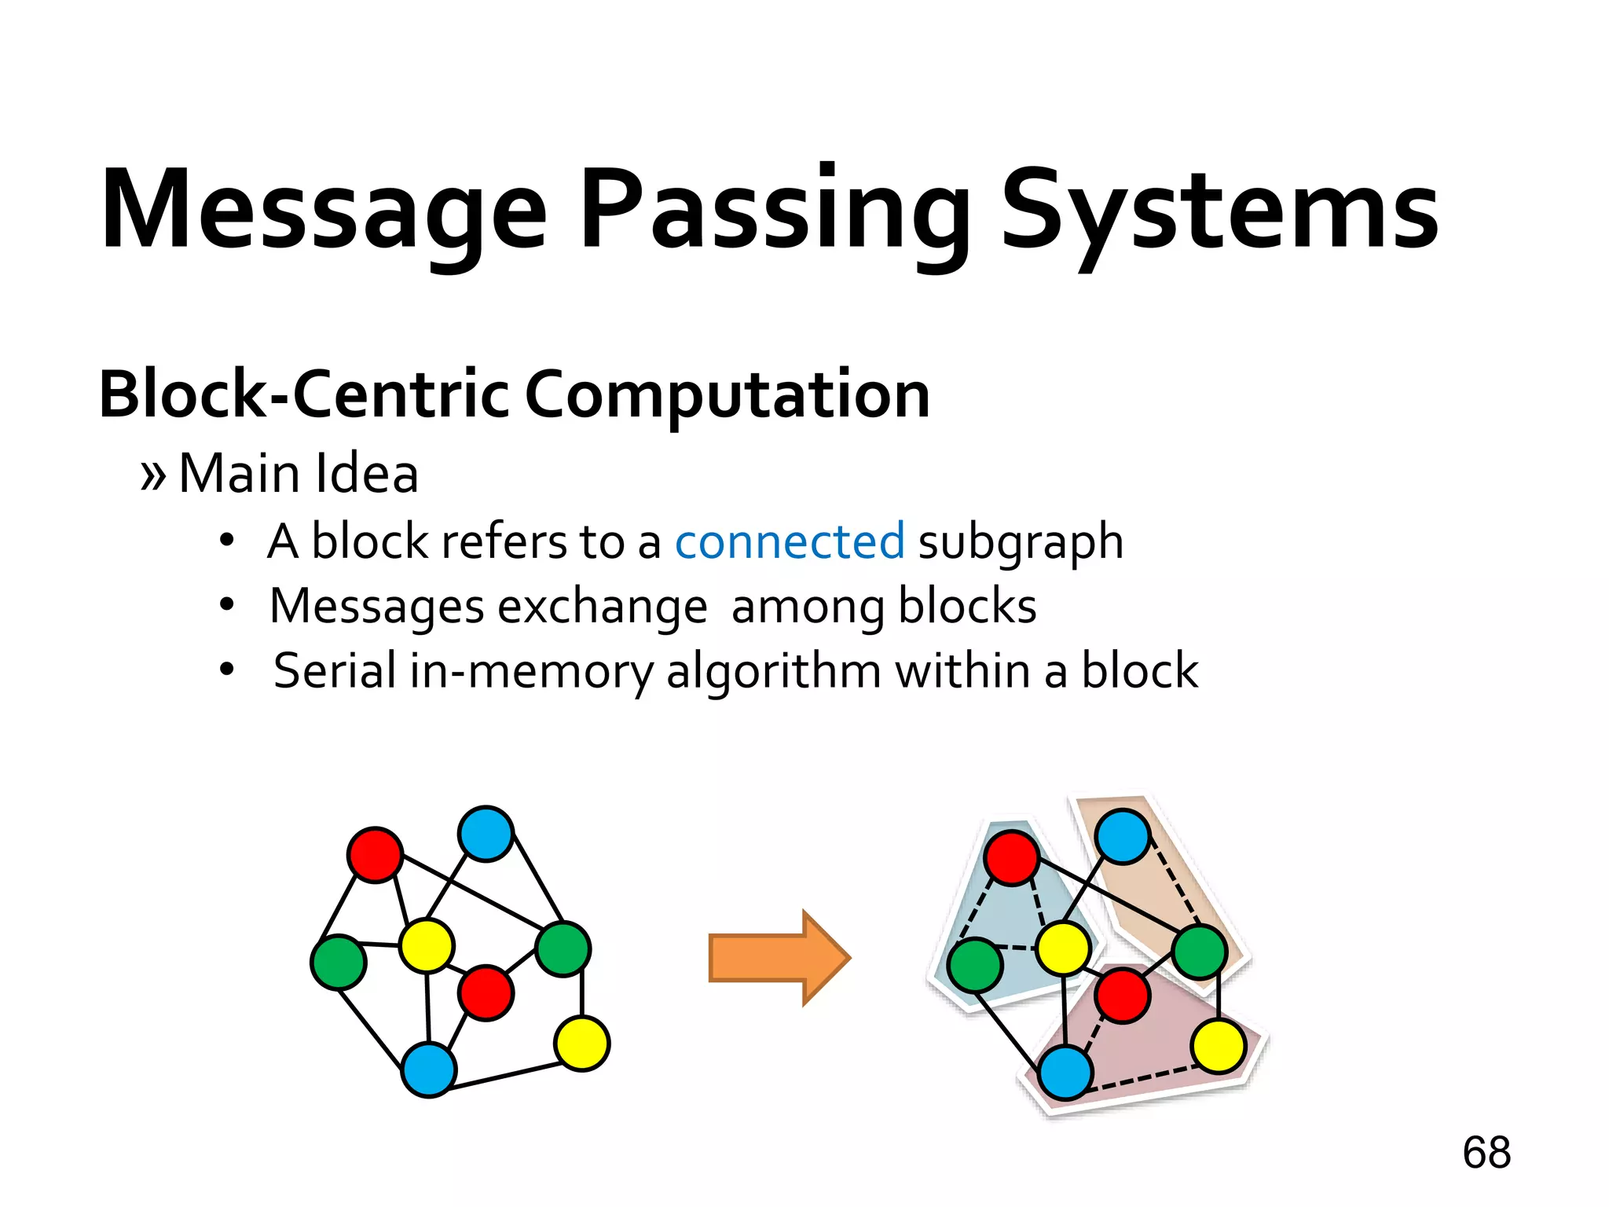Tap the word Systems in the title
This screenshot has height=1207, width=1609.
(x=1219, y=211)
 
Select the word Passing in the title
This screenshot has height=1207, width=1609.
(x=775, y=211)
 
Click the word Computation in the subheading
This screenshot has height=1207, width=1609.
(x=727, y=395)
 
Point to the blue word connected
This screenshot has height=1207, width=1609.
(x=790, y=541)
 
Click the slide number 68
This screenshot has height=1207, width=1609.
(x=1486, y=1153)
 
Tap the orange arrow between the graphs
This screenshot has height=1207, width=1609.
(x=778, y=958)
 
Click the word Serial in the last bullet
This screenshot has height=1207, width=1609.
(x=334, y=671)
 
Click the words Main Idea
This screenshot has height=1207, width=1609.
(x=299, y=474)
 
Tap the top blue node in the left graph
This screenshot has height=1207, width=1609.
(x=486, y=834)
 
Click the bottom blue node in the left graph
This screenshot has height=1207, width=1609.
(x=428, y=1069)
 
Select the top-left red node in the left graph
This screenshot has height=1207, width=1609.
(x=375, y=855)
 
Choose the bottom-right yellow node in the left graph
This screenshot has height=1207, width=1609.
(x=581, y=1044)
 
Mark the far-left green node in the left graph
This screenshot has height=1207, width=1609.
(x=339, y=963)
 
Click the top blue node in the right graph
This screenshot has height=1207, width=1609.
(x=1122, y=837)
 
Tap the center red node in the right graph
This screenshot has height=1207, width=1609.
(x=1122, y=996)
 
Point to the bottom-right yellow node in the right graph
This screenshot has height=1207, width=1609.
(x=1218, y=1046)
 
